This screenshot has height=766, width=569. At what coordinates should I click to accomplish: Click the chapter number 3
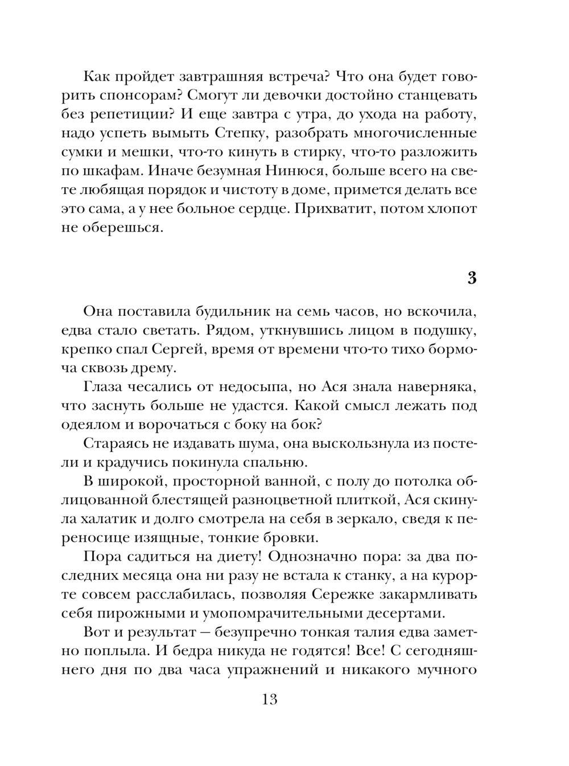coord(471,278)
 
